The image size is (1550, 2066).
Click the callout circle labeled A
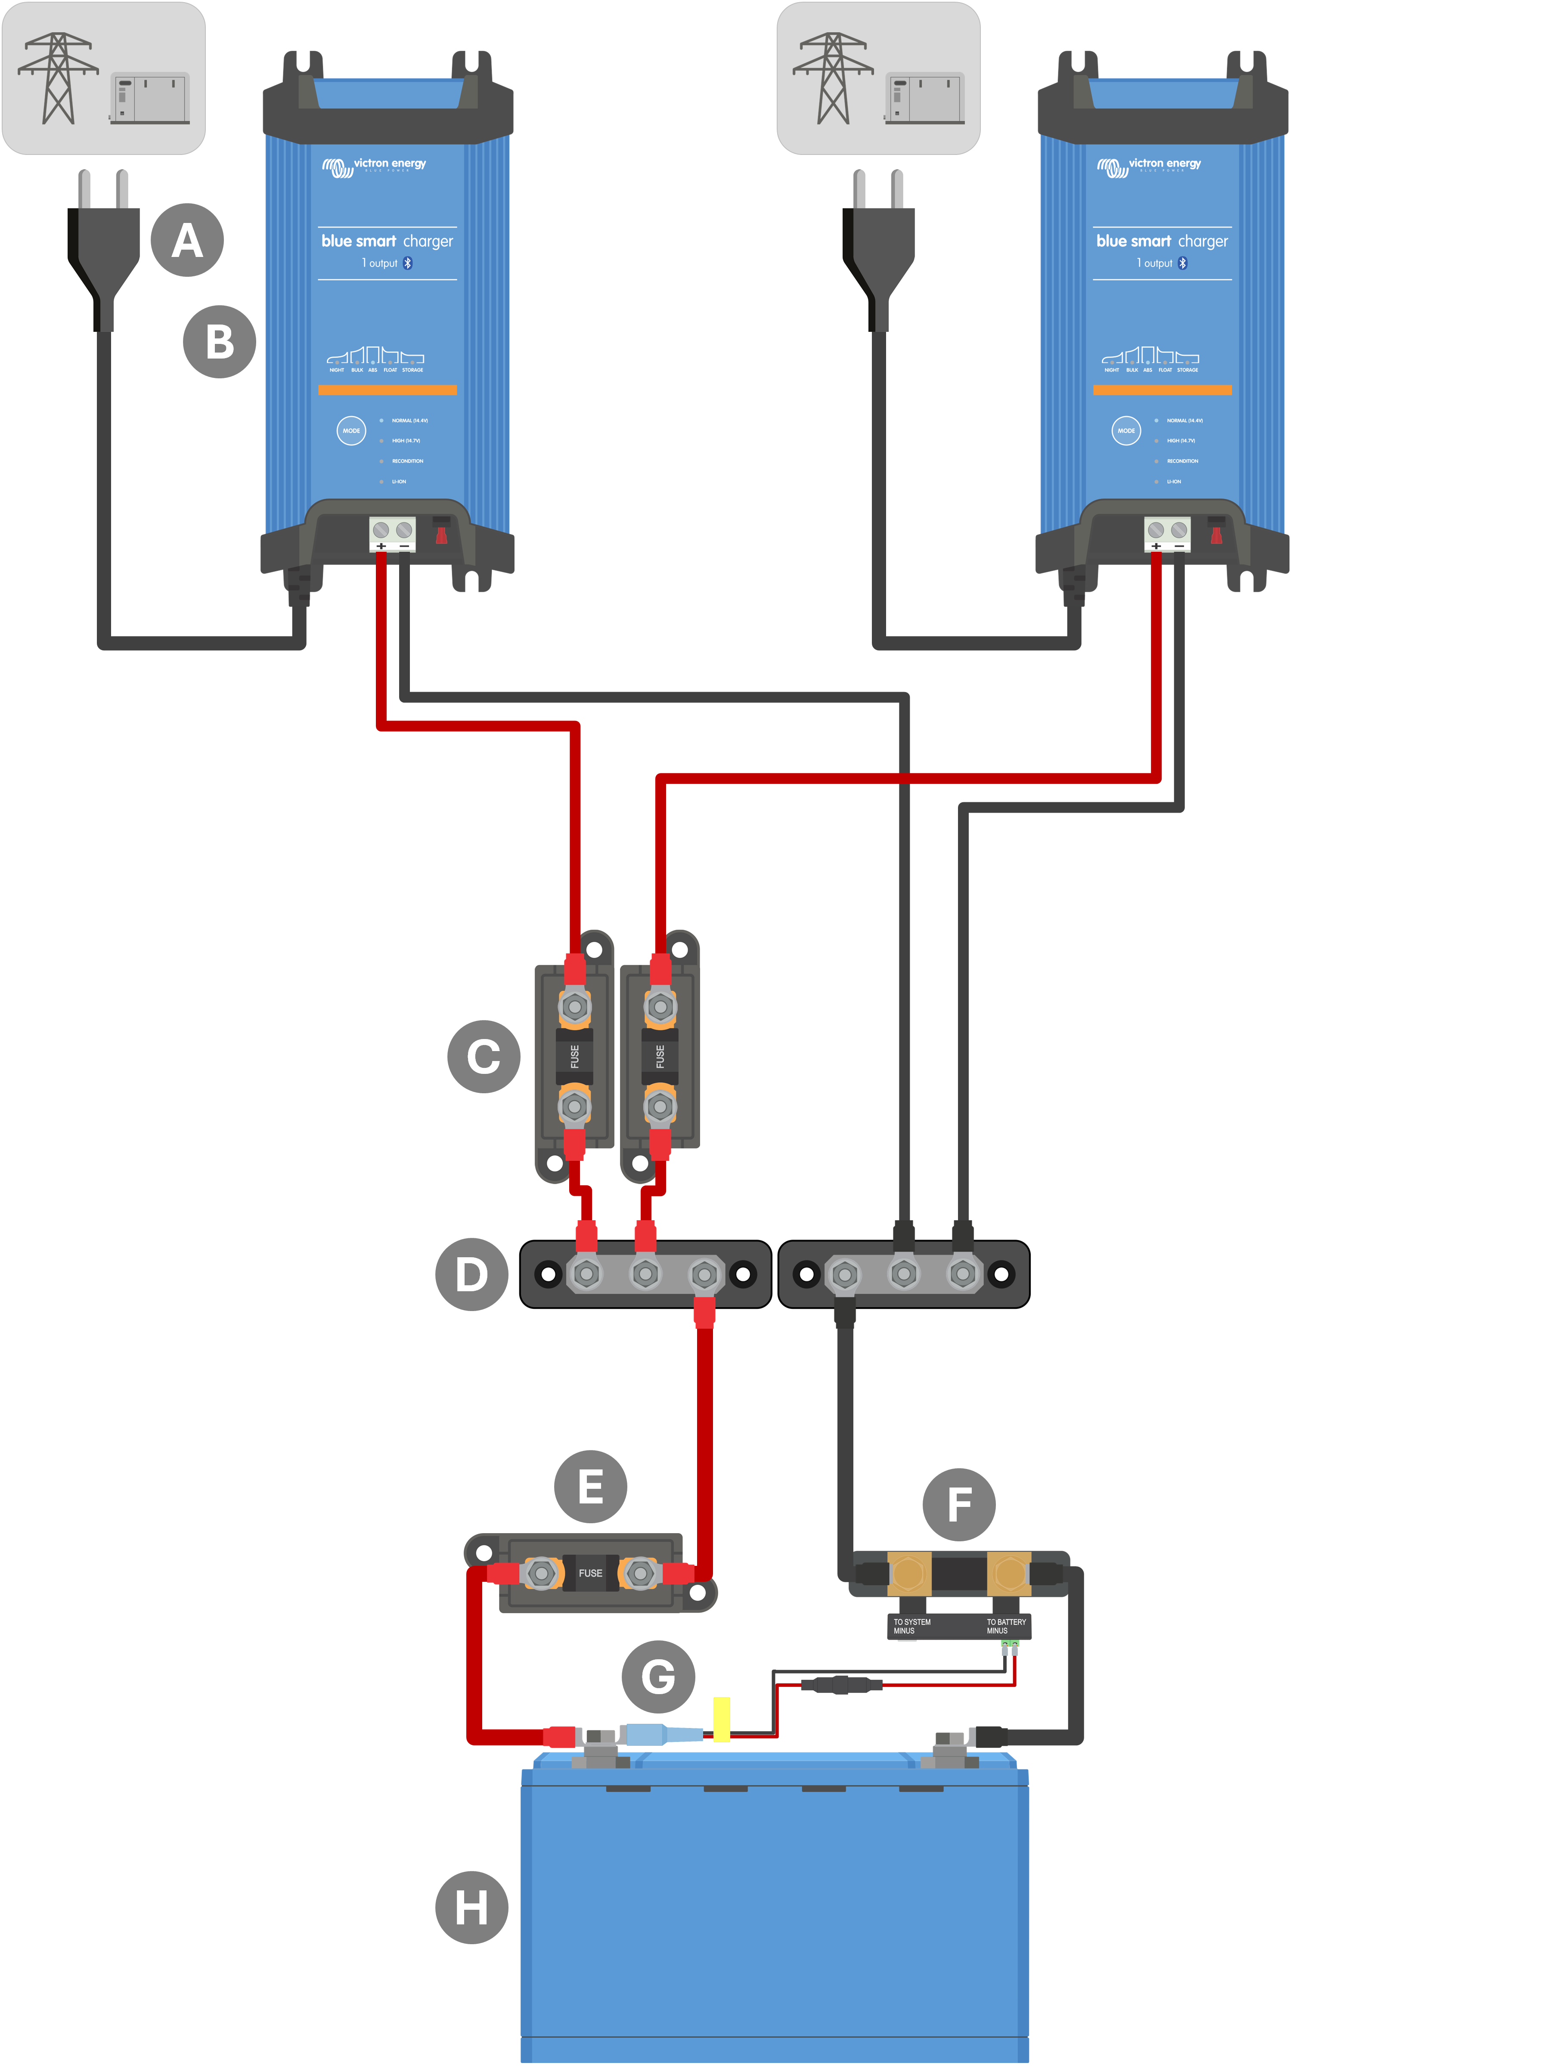187,240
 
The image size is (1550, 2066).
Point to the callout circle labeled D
472,1274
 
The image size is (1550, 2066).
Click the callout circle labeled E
590,1486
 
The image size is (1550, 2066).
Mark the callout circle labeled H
472,1907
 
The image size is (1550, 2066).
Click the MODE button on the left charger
351,430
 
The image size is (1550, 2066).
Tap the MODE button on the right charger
1126,430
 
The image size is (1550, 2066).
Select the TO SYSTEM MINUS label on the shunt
911,1626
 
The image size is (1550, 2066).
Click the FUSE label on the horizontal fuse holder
590,1573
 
